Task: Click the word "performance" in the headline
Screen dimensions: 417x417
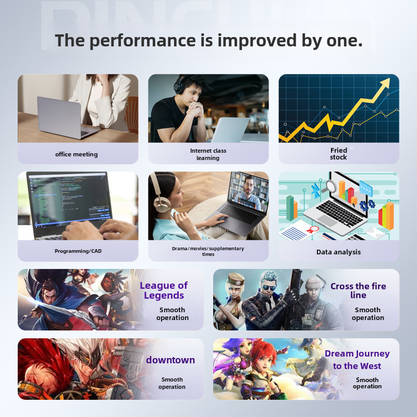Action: [142, 41]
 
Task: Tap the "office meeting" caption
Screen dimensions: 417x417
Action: [76, 154]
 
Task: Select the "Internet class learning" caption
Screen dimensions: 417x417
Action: [208, 154]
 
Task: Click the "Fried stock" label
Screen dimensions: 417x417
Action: [338, 154]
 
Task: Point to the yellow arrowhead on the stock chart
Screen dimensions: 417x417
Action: [385, 83]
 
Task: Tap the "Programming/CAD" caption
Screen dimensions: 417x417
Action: [78, 251]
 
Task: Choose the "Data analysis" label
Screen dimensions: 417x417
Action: [338, 252]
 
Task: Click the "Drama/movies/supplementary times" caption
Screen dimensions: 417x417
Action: [208, 251]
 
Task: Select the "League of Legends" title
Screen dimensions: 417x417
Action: [164, 290]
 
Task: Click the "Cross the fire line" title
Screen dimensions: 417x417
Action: [358, 290]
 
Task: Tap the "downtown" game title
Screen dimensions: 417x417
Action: [170, 360]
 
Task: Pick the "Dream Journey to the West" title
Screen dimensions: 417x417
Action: [357, 360]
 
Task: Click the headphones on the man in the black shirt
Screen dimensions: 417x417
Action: [178, 85]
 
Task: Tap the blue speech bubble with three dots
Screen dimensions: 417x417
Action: [366, 188]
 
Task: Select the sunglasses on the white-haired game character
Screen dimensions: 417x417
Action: [268, 288]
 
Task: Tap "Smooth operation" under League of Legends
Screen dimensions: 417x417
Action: [173, 314]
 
